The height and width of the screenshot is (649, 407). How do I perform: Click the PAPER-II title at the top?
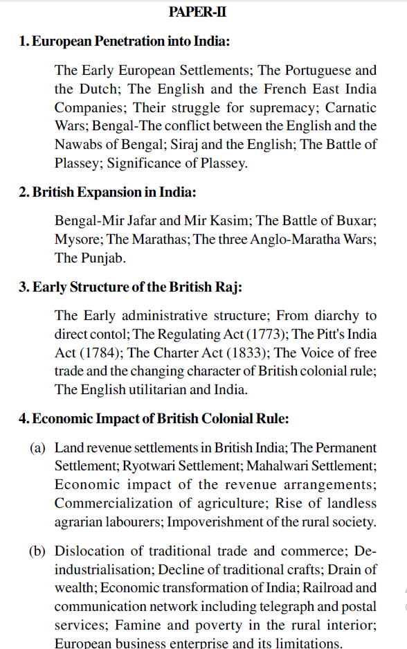coord(198,12)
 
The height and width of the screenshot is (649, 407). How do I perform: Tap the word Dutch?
coord(100,89)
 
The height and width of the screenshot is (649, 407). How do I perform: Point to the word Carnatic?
coord(351,107)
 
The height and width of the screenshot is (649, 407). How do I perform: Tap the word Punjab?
coord(102,258)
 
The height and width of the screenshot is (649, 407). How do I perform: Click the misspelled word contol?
coord(112,334)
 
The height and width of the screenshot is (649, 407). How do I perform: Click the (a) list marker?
coord(37,448)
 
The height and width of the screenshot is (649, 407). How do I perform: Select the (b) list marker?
coord(37,551)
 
